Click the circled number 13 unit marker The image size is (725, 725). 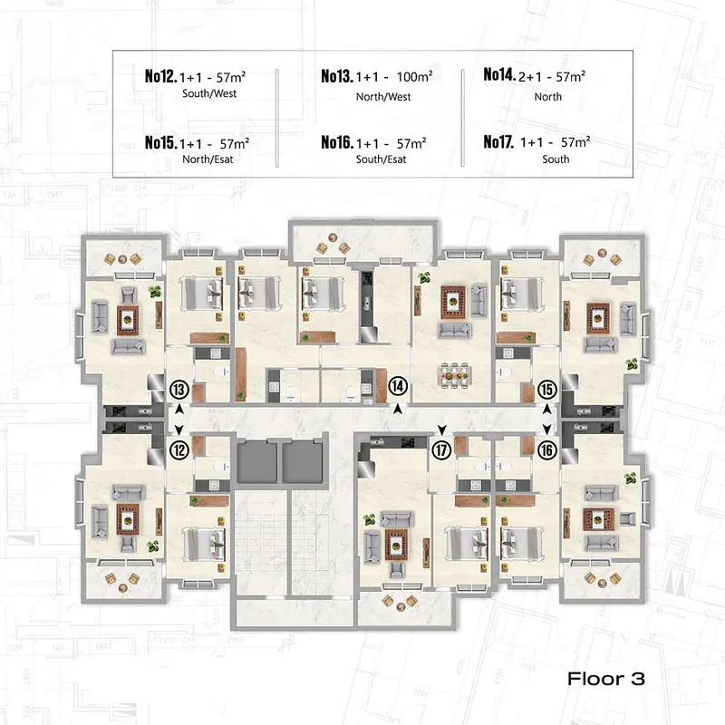click(179, 390)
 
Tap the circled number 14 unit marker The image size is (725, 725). click(398, 386)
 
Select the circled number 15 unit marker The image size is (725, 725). click(547, 390)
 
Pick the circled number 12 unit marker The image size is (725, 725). click(179, 449)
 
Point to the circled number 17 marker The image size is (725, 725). click(441, 449)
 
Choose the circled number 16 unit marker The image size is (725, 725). click(547, 449)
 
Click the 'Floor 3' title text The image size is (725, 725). click(605, 678)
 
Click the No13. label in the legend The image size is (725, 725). click(337, 76)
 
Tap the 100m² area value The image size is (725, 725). click(414, 76)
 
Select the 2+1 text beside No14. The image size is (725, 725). click(530, 77)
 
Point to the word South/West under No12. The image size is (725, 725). click(209, 93)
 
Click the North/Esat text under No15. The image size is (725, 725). click(208, 159)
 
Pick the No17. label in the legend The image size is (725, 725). click(498, 141)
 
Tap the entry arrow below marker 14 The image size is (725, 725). click(398, 410)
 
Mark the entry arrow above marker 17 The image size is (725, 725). click(441, 430)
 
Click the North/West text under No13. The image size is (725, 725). click(383, 97)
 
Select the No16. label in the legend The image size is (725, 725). click(337, 142)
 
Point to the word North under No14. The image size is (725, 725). click(548, 97)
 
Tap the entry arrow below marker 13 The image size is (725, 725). click(179, 410)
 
